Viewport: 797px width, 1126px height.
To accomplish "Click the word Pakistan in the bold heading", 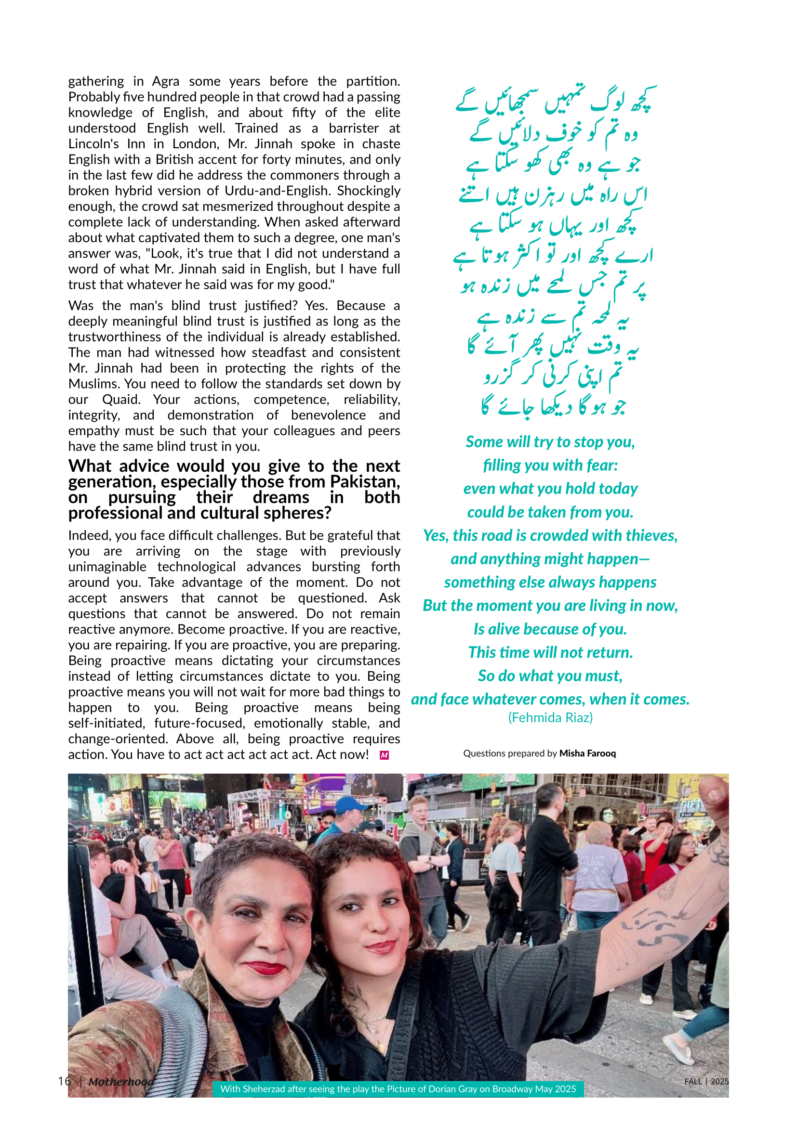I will pyautogui.click(x=364, y=481).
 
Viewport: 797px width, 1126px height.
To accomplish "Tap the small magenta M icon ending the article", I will pyautogui.click(x=384, y=755).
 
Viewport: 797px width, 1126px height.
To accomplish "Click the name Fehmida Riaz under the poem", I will pyautogui.click(x=550, y=717).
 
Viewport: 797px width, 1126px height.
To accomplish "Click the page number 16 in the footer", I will pyautogui.click(x=64, y=1081).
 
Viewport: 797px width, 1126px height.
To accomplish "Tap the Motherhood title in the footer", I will pyautogui.click(x=121, y=1081).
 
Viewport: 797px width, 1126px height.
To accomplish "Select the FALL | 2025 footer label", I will pyautogui.click(x=706, y=1081).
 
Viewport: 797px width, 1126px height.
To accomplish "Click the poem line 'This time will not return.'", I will pyautogui.click(x=550, y=652).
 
